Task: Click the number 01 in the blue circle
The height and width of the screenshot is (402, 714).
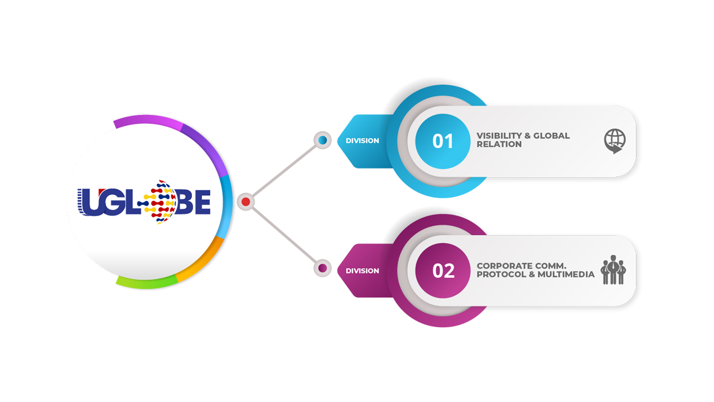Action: coord(443,141)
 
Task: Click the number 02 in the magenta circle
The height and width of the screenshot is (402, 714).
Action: coord(443,271)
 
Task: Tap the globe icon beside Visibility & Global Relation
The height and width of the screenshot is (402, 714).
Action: coord(615,141)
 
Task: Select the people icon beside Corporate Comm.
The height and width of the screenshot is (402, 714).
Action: coord(613,270)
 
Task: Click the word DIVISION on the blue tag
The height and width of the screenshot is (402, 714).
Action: coord(362,141)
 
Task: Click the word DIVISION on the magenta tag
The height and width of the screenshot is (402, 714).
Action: coord(362,271)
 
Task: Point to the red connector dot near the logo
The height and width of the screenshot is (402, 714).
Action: coord(245,202)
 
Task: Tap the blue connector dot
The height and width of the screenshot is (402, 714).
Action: coord(322,140)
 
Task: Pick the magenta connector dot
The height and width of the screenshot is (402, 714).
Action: coord(322,268)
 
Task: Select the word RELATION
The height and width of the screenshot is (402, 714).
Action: coord(499,144)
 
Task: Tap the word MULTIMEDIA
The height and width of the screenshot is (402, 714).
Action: coord(566,275)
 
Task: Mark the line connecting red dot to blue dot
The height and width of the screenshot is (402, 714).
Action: coord(283,171)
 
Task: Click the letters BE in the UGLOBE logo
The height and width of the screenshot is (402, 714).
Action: coord(194,202)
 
